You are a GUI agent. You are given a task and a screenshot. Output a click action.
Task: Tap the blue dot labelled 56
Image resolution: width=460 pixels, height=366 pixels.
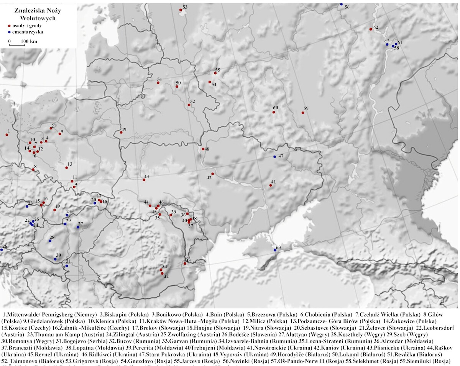point(341,4)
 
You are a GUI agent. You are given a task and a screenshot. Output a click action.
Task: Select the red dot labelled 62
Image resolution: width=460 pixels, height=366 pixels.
point(370,29)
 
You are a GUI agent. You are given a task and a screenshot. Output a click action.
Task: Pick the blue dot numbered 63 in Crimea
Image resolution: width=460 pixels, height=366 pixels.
point(275,250)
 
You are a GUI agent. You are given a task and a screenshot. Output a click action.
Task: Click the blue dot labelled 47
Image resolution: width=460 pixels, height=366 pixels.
point(274,157)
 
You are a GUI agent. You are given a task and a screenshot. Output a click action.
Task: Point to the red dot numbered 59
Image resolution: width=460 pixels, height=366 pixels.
point(303,113)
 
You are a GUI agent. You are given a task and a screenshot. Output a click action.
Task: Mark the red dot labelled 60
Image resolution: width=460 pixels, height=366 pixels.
point(274,112)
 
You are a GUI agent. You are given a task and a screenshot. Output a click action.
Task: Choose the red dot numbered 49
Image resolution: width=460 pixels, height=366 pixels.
point(121,132)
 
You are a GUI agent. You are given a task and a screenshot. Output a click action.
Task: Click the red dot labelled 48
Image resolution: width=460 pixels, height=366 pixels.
point(203,149)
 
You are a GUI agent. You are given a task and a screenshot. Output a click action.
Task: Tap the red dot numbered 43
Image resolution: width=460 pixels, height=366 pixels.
point(144,180)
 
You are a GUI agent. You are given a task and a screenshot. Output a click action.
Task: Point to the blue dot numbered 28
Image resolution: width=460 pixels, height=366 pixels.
point(50,241)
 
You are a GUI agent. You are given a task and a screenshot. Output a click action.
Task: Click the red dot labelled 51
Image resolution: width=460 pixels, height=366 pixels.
point(158,83)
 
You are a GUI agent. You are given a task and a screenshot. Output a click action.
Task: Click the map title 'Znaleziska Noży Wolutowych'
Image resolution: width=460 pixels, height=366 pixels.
point(38,15)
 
